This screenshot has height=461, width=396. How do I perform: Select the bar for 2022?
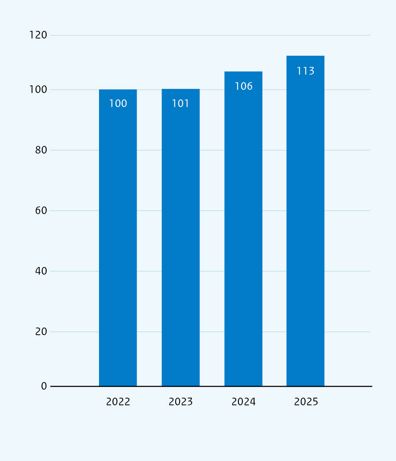pos(118,238)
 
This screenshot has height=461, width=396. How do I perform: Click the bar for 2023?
pos(180,237)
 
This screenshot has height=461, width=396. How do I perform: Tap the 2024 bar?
pos(243,229)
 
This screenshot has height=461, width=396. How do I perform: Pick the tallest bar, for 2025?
pos(305,221)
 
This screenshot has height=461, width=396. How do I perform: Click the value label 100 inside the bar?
pos(118,103)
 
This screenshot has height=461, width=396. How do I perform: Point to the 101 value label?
pos(180,103)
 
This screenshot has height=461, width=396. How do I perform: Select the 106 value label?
pos(243,86)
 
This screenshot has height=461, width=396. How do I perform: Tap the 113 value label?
pos(305,71)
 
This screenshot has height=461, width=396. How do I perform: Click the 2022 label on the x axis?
pos(118,402)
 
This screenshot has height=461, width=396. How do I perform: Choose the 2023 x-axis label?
pos(180,402)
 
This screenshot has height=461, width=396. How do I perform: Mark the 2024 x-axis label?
pos(243,402)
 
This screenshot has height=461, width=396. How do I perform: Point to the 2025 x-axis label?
pos(306,402)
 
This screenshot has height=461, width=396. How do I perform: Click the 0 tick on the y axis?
pos(44,386)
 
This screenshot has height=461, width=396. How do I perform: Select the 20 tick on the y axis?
pos(41,332)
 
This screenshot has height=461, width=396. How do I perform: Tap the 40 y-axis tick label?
pos(41,271)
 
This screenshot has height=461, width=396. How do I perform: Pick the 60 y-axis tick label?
pos(41,210)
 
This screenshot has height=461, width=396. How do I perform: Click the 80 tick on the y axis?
pos(41,150)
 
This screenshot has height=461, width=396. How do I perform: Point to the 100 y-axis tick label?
pos(38,90)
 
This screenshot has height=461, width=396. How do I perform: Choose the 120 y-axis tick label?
pos(38,35)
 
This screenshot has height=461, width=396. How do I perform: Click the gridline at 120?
pos(210,36)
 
